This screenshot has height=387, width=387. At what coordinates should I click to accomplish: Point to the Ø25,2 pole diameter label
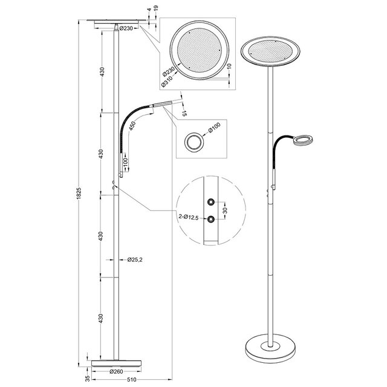coord(134,260)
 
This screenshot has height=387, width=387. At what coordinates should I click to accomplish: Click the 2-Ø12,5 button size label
coord(190,216)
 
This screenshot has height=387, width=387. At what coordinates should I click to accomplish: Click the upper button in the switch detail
coord(210,201)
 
